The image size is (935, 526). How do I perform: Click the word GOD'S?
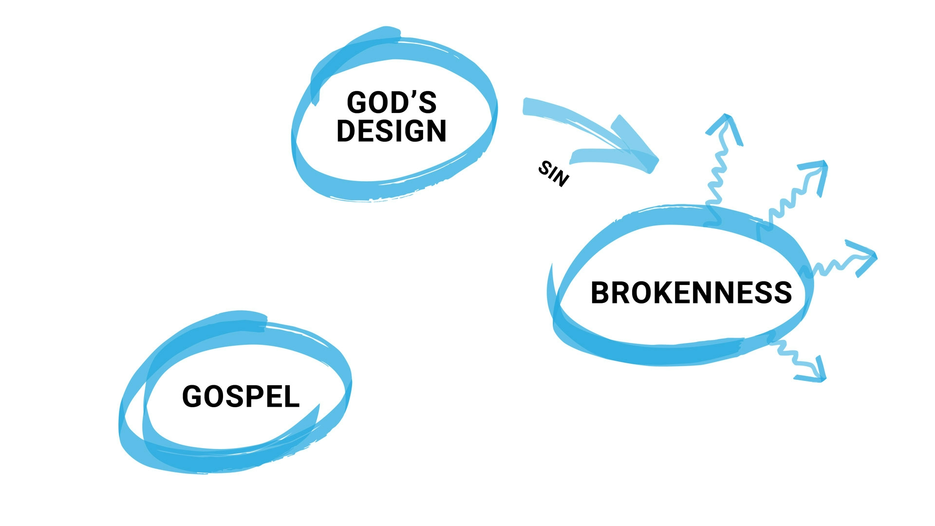392,103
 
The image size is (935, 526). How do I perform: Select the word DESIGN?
392,131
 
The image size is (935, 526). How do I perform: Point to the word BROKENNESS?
691,293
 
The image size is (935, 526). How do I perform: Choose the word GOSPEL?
241,396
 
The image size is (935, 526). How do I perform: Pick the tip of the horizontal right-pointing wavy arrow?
875,257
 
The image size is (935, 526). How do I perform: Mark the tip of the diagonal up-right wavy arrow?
824,164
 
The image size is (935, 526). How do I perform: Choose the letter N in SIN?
561,179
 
